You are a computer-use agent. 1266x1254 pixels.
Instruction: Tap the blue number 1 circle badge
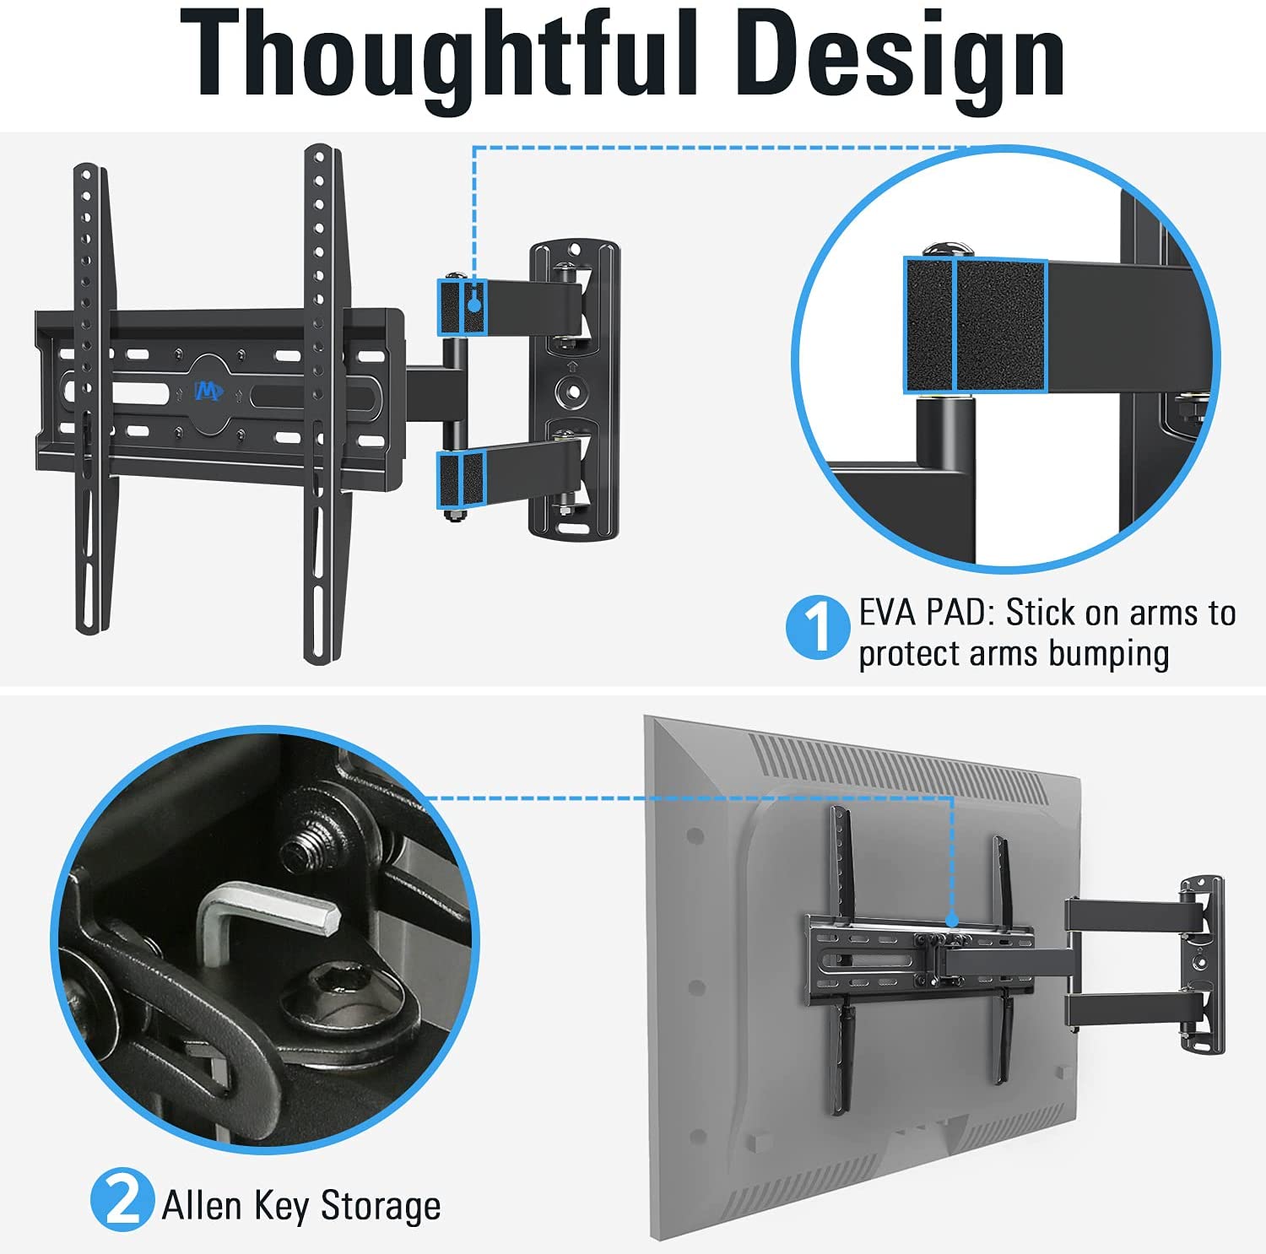click(817, 628)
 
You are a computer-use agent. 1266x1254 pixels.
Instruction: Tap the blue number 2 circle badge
click(122, 1198)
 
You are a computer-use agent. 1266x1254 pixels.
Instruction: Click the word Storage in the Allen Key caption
click(381, 1205)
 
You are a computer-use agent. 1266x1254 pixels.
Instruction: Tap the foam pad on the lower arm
click(461, 479)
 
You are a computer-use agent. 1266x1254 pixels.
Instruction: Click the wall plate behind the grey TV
click(1202, 965)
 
